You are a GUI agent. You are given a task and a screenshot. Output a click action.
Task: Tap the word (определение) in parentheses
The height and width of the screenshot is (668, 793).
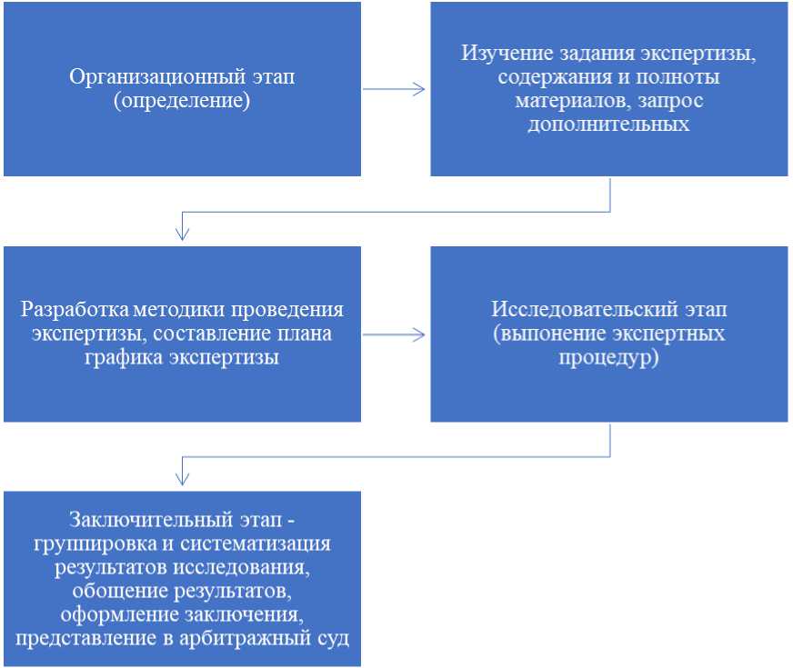[182, 100]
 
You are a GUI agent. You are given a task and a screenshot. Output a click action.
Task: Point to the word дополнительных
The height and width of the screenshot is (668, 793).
[608, 124]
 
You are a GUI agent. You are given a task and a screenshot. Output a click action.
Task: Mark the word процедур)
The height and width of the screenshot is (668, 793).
[608, 357]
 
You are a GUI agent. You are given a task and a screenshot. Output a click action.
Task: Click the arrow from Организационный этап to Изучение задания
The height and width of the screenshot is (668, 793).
[395, 89]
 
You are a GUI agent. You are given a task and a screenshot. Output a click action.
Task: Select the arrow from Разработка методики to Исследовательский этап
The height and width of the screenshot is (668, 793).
[395, 334]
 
